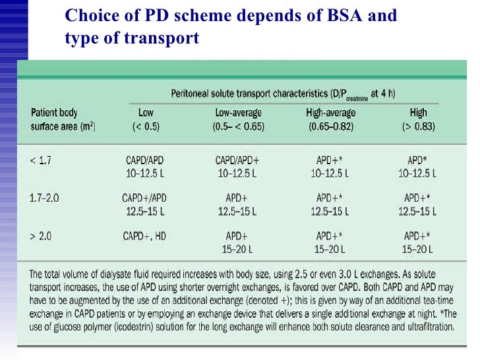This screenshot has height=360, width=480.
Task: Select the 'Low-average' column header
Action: pos(239,113)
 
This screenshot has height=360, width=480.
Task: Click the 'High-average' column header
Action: pos(332,113)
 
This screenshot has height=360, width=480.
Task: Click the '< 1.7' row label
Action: pos(42,160)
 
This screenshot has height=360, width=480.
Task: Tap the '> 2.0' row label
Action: pos(42,235)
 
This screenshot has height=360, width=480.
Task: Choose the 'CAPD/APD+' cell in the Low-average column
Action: pos(239,160)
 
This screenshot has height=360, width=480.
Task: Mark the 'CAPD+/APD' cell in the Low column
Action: pos(144,197)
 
